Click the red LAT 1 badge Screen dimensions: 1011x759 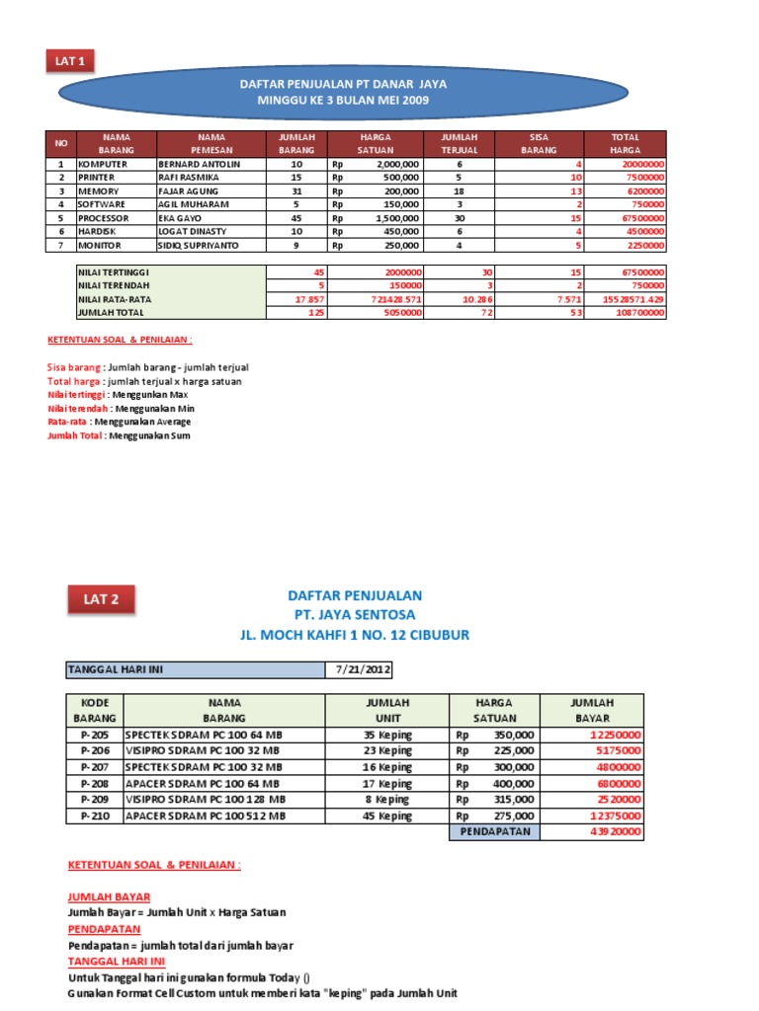tap(68, 61)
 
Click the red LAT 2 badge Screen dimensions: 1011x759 tap(101, 598)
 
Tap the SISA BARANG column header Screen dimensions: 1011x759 tap(539, 143)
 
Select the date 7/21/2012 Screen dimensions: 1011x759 tap(364, 669)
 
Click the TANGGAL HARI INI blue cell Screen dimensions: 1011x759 tap(195, 669)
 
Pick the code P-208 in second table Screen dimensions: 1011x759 tap(95, 782)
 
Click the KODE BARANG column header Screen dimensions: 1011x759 tap(95, 710)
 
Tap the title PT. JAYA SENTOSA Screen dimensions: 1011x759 tap(354, 615)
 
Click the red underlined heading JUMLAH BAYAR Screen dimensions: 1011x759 tap(109, 896)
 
